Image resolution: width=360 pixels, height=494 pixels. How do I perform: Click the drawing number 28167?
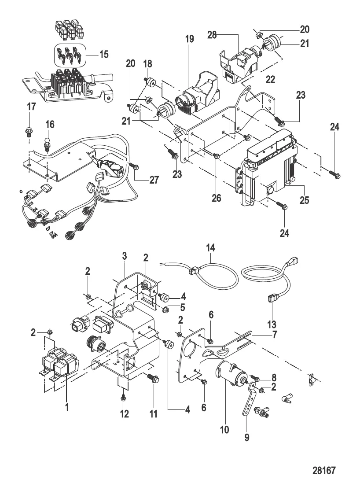coord(324,471)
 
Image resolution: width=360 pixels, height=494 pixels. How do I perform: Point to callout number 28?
coord(225,34)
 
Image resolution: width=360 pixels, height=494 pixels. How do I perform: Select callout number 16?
coord(50,125)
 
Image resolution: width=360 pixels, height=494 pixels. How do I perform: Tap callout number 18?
coord(147,64)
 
